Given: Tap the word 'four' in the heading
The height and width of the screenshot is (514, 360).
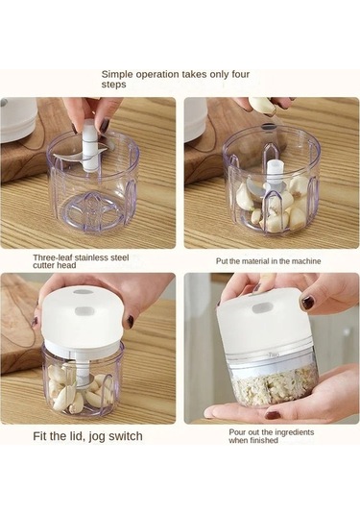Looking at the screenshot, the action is (x=241, y=74).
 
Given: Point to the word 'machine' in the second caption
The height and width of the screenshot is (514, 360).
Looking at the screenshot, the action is (x=306, y=261).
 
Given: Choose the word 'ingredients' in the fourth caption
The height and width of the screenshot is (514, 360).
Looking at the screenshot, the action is (x=294, y=432).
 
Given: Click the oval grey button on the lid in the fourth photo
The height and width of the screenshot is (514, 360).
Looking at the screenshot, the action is (x=263, y=308).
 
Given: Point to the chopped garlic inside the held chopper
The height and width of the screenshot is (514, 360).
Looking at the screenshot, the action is (x=275, y=384).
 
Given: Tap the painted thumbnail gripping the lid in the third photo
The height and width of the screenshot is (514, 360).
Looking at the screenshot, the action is (x=131, y=322).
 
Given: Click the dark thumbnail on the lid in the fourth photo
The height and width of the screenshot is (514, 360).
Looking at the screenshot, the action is (x=307, y=302).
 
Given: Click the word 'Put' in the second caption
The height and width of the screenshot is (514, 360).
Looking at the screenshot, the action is (x=220, y=261).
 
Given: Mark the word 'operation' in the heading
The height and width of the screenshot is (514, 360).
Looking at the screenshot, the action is (x=156, y=75).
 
